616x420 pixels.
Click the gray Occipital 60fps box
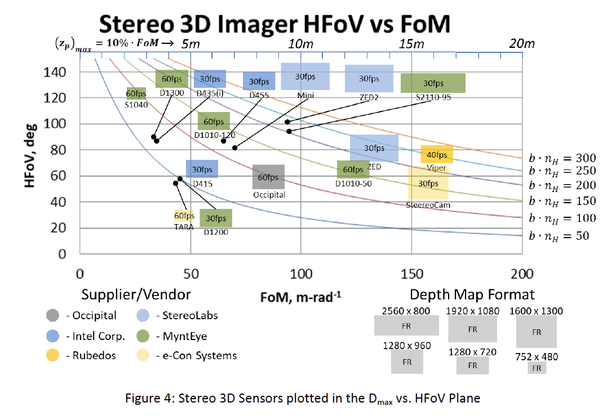tap(268, 177)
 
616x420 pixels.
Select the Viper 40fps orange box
tap(437, 154)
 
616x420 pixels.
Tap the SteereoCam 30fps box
tap(428, 183)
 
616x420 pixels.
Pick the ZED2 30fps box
tap(369, 78)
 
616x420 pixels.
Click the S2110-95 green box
tap(433, 83)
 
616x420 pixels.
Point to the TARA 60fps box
tap(184, 216)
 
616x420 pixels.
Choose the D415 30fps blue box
tap(202, 169)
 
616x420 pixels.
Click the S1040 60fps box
tap(136, 93)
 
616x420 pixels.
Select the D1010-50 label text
tap(353, 184)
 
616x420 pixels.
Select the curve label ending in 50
tap(559, 235)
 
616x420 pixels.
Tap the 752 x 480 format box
tap(537, 368)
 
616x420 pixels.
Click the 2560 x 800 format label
tap(406, 310)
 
